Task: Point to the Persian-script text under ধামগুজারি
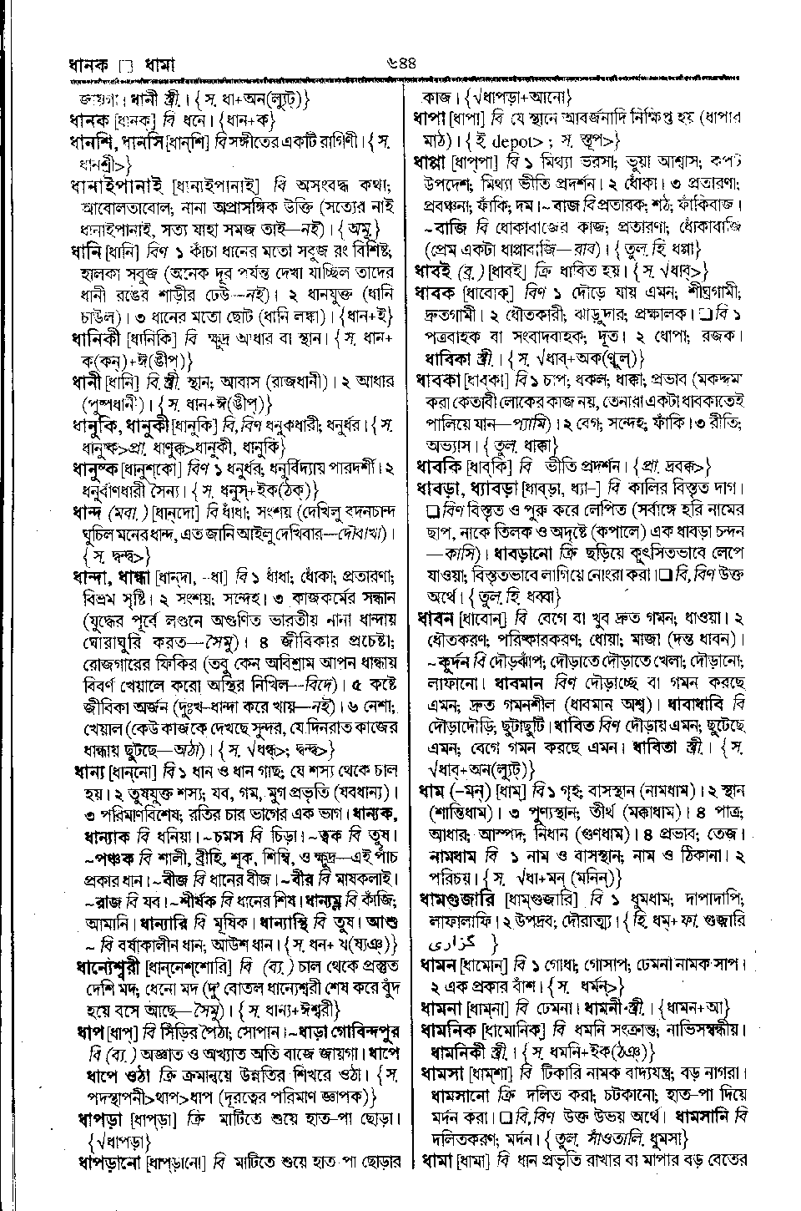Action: click(446, 941)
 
